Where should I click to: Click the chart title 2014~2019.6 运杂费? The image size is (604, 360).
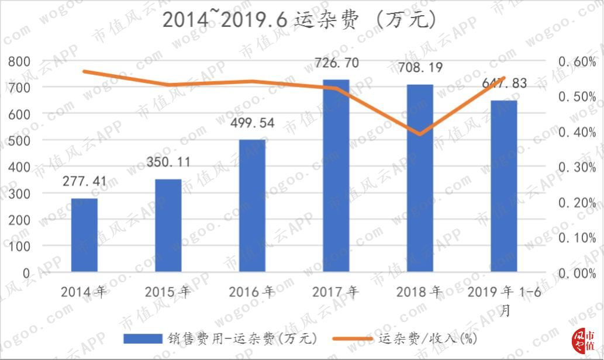[x=299, y=19]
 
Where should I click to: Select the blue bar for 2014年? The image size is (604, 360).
[x=84, y=236]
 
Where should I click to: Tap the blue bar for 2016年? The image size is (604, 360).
[x=253, y=206]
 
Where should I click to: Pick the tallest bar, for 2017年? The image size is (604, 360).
[x=336, y=175]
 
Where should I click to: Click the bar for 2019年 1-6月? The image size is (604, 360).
[x=504, y=186]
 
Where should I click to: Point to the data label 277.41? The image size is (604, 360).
[x=84, y=181]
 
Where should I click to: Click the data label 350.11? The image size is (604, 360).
[x=168, y=162]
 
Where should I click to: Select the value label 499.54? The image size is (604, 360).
[x=253, y=123]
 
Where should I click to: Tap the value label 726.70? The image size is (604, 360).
[x=337, y=63]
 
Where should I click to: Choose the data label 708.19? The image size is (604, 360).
[x=420, y=68]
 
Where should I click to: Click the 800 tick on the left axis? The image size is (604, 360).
[x=19, y=61]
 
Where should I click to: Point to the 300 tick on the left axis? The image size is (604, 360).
[x=19, y=193]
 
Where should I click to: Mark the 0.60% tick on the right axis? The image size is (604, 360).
[x=577, y=61]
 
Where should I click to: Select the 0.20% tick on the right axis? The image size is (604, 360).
[x=577, y=203]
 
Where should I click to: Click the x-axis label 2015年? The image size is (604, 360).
[x=168, y=292]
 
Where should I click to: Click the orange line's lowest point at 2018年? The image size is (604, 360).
[x=420, y=134]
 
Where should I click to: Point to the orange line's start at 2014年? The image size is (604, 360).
[x=84, y=72]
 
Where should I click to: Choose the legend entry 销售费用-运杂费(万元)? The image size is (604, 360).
[x=220, y=339]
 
